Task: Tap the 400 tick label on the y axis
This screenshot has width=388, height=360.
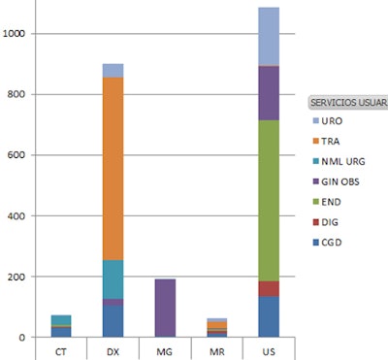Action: tap(19, 216)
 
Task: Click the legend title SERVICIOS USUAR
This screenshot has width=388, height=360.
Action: tap(346, 102)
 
